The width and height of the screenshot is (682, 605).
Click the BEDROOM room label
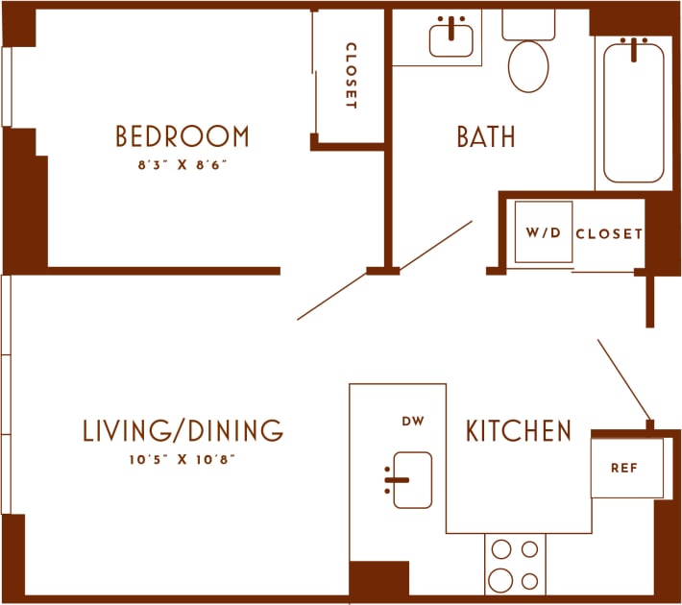[183, 136]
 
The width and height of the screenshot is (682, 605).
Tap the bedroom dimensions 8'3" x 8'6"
[183, 164]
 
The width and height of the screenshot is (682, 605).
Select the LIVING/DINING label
[183, 430]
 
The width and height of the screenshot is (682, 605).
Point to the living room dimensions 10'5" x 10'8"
[183, 459]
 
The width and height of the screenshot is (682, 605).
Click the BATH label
[485, 137]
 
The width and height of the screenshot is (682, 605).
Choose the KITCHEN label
[519, 431]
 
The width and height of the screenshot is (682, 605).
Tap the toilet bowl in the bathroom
[527, 64]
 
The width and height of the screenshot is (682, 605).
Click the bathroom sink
[451, 39]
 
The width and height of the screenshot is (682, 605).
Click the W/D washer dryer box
[543, 232]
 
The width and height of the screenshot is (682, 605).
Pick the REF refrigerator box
[626, 468]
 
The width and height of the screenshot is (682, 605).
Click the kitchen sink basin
[413, 479]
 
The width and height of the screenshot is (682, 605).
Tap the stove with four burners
[514, 564]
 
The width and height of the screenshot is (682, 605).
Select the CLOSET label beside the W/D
[609, 233]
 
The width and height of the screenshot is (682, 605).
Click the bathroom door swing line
[384, 271]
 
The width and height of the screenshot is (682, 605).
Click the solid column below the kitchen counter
[378, 578]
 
